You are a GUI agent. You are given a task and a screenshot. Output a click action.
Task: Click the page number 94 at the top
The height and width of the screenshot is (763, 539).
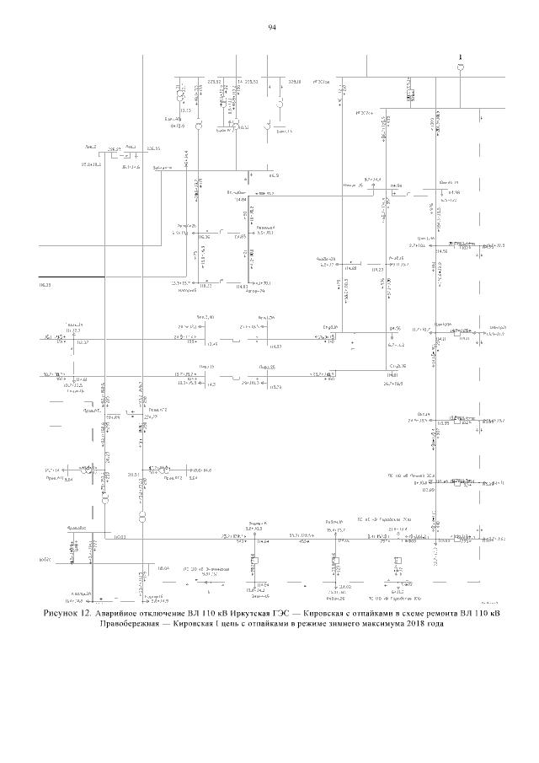click(x=272, y=29)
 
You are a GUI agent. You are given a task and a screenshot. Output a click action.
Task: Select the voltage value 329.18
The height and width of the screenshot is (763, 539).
click(x=295, y=83)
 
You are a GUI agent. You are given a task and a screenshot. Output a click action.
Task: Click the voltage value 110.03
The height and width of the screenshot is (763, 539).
click(x=120, y=536)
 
